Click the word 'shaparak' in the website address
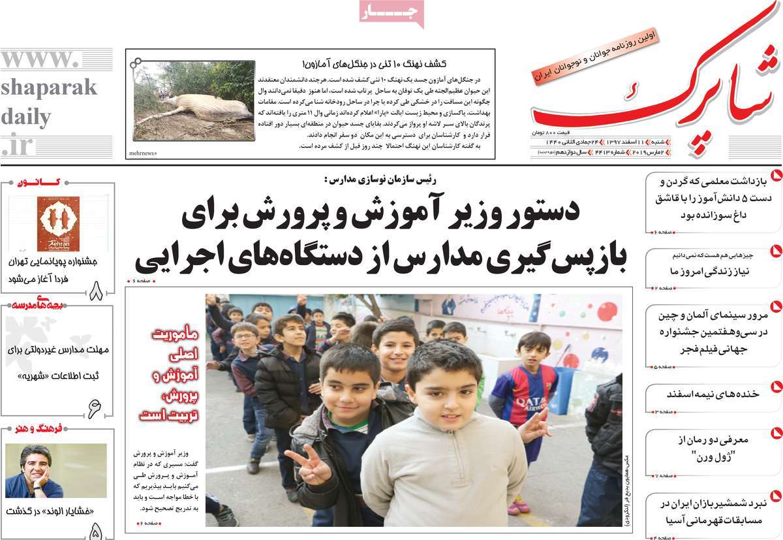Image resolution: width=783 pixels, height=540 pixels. (x=49, y=87)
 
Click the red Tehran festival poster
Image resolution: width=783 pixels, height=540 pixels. (x=58, y=224)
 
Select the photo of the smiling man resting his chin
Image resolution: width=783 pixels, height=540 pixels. (x=55, y=470)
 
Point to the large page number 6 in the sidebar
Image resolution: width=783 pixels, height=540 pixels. (x=95, y=408)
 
